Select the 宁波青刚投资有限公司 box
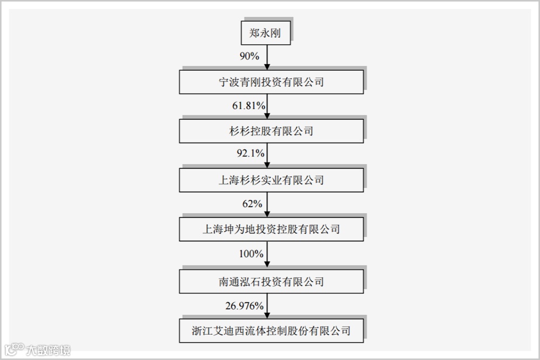pyautogui.click(x=271, y=82)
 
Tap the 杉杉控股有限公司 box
pyautogui.click(x=271, y=131)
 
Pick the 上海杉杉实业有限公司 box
pyautogui.click(x=271, y=180)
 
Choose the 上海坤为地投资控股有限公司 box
pyautogui.click(x=271, y=229)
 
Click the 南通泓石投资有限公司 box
pyautogui.click(x=271, y=281)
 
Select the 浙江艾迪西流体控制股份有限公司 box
pyautogui.click(x=271, y=330)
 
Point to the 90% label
pyautogui.click(x=250, y=56)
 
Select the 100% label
pyautogui.click(x=251, y=254)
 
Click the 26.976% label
pyautogui.click(x=245, y=306)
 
